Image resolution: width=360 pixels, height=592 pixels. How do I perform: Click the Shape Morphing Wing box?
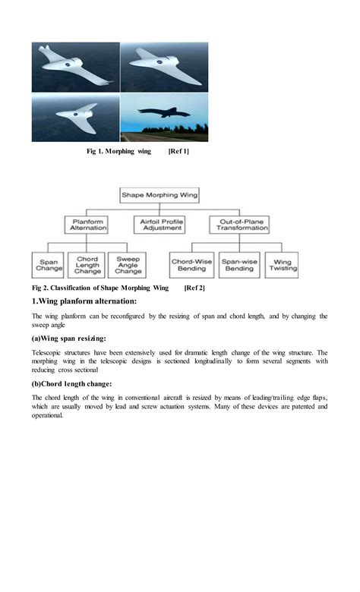point(160,195)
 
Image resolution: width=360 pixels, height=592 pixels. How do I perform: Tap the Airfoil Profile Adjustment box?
point(162,225)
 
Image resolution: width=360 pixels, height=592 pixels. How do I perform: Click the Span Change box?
point(49,265)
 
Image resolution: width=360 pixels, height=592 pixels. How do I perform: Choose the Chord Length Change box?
point(87,265)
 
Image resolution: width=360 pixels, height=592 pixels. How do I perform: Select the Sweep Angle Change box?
point(128,265)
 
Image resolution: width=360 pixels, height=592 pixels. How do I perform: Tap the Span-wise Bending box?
point(240,265)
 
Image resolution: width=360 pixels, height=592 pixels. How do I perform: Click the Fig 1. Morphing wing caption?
point(119,152)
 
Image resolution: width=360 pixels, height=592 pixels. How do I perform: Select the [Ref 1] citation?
point(178,152)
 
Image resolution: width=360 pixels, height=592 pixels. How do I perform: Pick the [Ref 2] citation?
point(194,288)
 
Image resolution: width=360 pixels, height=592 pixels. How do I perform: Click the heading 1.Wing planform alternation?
point(84,302)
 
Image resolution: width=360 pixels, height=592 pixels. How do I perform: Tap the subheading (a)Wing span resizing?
point(69,338)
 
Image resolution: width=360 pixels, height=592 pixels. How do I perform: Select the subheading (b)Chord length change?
point(72,384)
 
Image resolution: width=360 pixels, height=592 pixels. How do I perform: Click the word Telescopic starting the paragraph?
point(49,353)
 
